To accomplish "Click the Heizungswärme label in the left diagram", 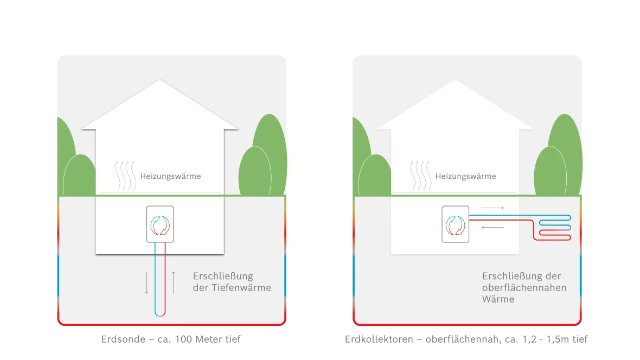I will pyautogui.click(x=170, y=176).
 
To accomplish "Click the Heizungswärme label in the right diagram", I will pyautogui.click(x=465, y=176).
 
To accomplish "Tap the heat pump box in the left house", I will pyautogui.click(x=160, y=224).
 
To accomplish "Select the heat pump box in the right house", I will pyautogui.click(x=456, y=224).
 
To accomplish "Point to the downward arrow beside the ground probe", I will pyautogui.click(x=146, y=282).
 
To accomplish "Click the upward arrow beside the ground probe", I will pyautogui.click(x=174, y=282).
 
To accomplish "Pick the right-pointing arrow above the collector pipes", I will pyautogui.click(x=492, y=208).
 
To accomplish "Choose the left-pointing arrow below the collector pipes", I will pyautogui.click(x=492, y=227).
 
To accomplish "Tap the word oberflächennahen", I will pyautogui.click(x=524, y=287).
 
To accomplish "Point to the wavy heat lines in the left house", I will pyautogui.click(x=126, y=175).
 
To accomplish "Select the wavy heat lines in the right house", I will pyautogui.click(x=421, y=175).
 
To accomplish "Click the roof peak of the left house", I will pyautogui.click(x=159, y=81).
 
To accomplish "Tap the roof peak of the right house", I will pyautogui.click(x=455, y=81).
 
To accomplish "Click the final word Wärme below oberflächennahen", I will pyautogui.click(x=498, y=299).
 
